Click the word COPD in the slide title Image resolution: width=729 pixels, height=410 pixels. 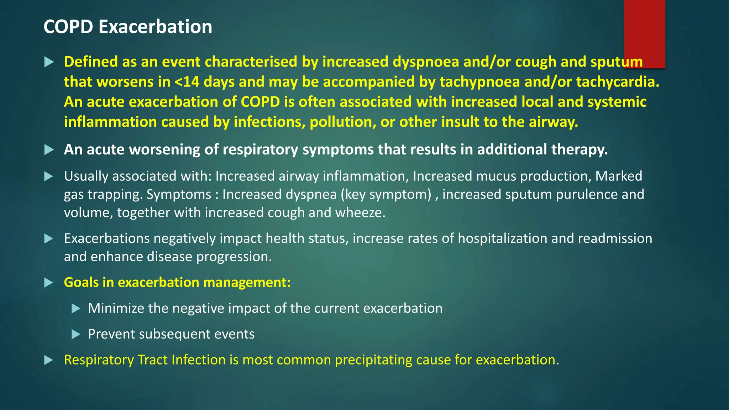[68, 27]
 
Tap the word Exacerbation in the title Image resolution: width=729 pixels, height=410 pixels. [155, 27]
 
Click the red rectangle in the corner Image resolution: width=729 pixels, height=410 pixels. [644, 34]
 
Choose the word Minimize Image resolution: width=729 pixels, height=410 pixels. [116, 308]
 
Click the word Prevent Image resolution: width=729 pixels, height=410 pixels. [111, 334]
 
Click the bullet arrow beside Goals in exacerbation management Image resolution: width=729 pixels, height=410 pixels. [49, 283]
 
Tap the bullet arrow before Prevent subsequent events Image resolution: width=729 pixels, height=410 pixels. [76, 334]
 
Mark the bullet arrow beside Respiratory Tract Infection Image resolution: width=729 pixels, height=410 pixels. [49, 360]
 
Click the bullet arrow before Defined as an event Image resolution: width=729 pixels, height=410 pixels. [49, 62]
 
